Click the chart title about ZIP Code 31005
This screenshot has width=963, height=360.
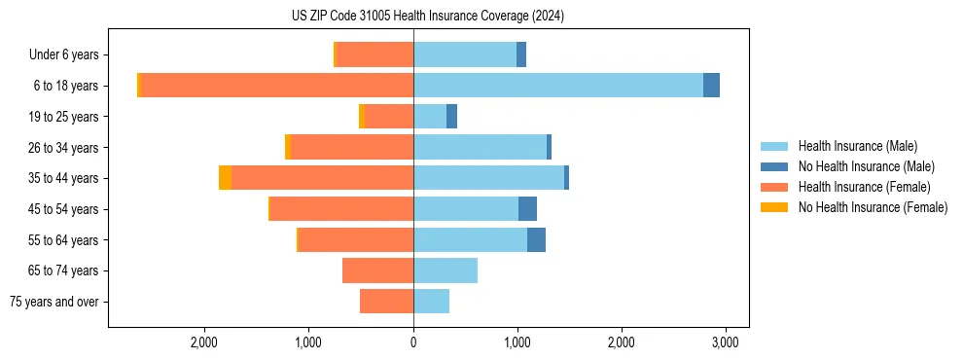[x=427, y=16]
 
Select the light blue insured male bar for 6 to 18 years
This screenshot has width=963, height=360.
[x=558, y=86]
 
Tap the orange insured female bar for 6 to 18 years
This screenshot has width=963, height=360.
[x=277, y=86]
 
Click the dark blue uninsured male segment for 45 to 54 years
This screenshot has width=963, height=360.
[x=527, y=209]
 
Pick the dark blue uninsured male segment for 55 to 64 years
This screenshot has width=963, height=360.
[x=536, y=239]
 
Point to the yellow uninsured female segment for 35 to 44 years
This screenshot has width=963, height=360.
[x=225, y=178]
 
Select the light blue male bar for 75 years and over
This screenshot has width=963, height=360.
[x=431, y=302]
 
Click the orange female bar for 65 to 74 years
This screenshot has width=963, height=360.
[x=377, y=270]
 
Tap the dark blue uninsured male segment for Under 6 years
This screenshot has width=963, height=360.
[x=521, y=54]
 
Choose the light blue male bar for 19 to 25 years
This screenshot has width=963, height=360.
[x=430, y=117]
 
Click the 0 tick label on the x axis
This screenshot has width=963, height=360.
[x=413, y=342]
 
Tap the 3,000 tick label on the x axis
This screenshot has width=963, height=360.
[x=725, y=342]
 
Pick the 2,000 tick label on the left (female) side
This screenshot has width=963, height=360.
[x=204, y=342]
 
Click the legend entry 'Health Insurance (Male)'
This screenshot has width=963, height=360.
[x=857, y=146]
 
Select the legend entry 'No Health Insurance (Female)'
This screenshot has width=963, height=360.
[x=873, y=207]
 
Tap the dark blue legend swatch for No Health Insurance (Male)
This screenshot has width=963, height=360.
[x=774, y=166]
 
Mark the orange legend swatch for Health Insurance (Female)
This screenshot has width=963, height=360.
[x=774, y=187]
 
